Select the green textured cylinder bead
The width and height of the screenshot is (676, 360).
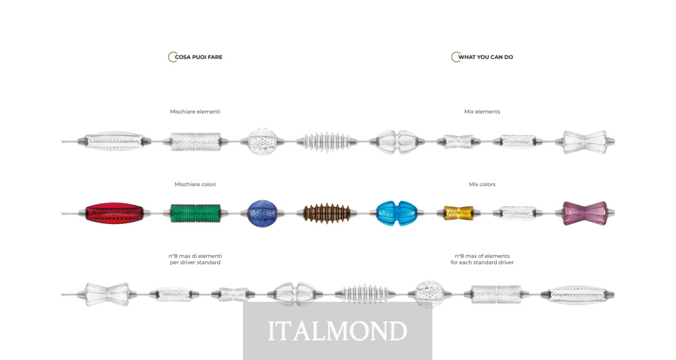[x=196, y=214]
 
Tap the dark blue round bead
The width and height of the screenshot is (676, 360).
[x=262, y=214]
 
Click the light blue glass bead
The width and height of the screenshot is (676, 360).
[x=395, y=213]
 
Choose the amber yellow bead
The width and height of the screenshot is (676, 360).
[x=458, y=214]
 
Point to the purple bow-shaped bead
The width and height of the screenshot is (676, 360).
[x=584, y=213]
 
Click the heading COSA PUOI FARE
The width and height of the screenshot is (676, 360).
[x=198, y=58]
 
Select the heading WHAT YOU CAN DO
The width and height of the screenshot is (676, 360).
[x=485, y=58]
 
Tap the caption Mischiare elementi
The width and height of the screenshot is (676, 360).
[x=195, y=112]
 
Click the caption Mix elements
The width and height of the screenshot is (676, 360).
[x=482, y=112]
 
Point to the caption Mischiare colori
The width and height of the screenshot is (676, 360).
[x=195, y=184]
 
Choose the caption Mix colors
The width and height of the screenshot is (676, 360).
[x=482, y=184]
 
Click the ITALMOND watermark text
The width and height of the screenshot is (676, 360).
[x=337, y=331]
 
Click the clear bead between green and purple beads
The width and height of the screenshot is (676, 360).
[x=518, y=214]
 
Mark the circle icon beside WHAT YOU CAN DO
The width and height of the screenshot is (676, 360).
[x=455, y=58]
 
